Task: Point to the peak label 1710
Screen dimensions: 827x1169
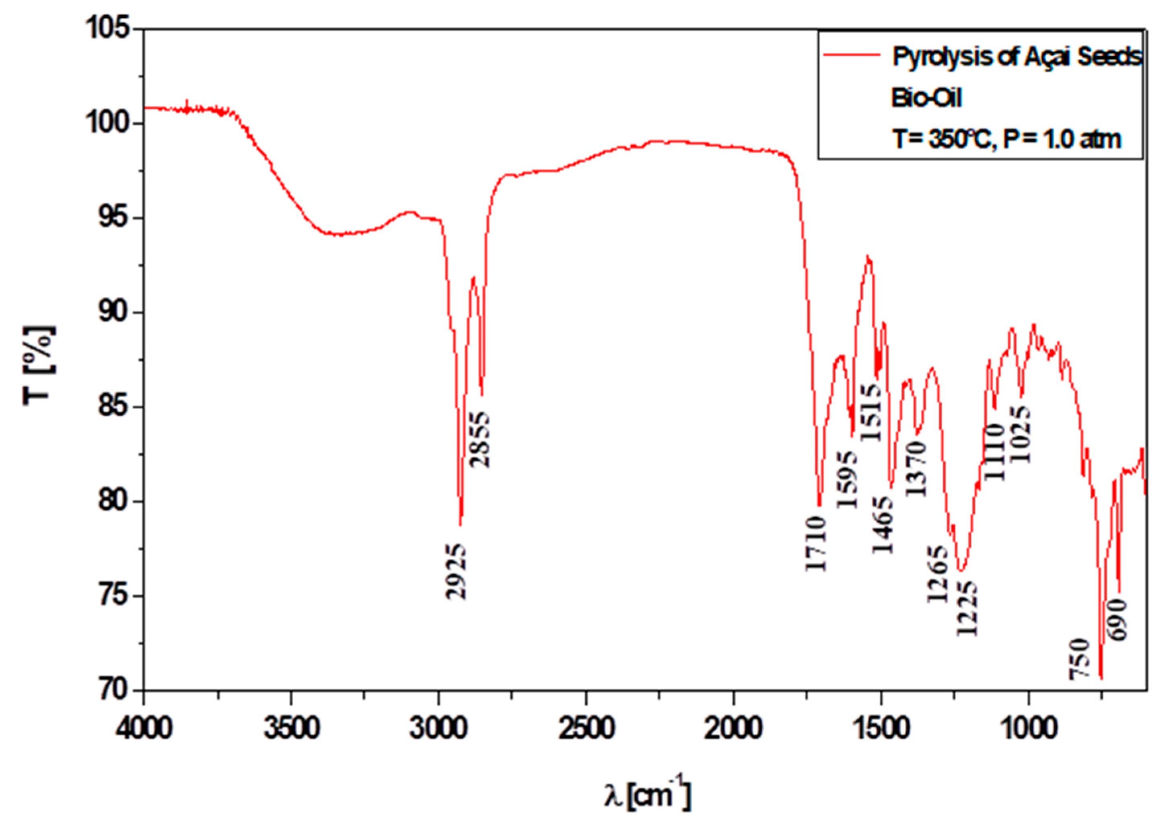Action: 816,543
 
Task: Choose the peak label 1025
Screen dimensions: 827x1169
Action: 1020,435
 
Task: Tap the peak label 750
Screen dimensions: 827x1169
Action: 1079,659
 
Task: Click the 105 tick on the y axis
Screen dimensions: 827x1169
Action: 109,29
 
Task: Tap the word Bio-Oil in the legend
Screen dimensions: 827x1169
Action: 926,98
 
